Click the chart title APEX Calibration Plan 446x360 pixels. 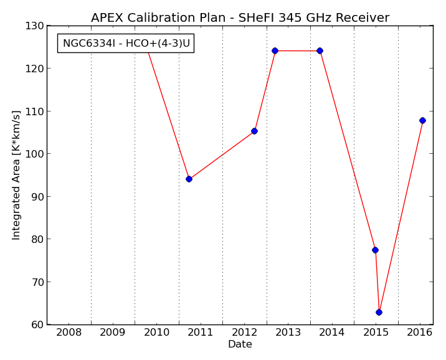158,17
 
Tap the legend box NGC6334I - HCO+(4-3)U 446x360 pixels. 126,43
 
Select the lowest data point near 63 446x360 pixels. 379,312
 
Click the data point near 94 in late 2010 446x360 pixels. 189,179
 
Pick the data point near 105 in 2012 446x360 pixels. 254,131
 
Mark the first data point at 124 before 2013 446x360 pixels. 275,50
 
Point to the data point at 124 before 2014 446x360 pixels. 320,50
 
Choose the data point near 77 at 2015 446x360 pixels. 375,250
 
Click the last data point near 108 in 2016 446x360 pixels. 423,120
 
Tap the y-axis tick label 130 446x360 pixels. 34,26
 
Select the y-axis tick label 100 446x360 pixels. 34,154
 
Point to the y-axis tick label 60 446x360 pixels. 37,324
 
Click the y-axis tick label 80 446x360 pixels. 37,239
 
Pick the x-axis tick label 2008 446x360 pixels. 69,332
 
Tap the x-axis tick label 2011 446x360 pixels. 200,332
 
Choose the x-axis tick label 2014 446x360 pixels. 331,332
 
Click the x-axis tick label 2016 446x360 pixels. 420,332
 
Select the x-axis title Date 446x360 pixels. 240,344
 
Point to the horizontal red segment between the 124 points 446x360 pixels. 297,50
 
